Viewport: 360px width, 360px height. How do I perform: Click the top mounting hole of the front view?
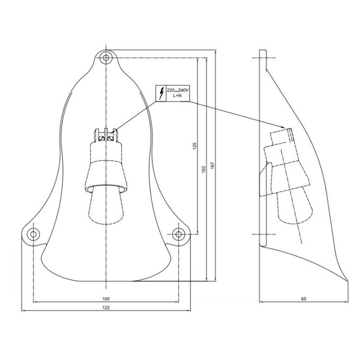point(106,58)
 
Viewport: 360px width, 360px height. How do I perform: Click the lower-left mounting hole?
point(33,234)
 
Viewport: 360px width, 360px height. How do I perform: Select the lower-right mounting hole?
point(179,234)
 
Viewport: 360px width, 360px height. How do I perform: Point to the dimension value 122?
point(106,307)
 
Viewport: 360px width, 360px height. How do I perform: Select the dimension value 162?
point(203,168)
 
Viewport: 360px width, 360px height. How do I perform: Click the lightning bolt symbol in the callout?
point(160,93)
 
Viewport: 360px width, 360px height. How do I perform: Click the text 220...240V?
point(179,90)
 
